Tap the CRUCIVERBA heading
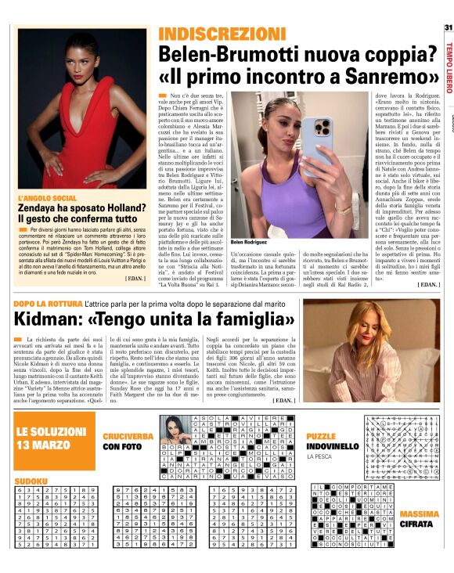(130, 436)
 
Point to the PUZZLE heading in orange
(320, 436)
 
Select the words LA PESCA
(319, 456)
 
